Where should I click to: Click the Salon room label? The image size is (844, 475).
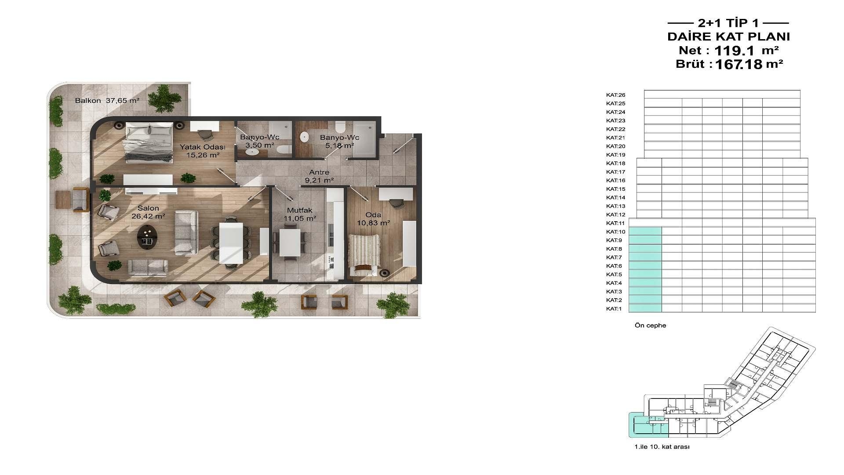[x=148, y=208]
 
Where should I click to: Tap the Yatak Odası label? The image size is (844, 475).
[x=203, y=147]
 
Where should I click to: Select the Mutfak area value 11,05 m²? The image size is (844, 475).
[x=300, y=219]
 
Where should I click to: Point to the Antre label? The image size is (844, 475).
[x=319, y=172]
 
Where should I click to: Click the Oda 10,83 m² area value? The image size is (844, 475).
[x=374, y=223]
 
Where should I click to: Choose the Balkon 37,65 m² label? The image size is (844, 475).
[x=107, y=101]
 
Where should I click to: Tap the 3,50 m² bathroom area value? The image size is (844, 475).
[x=260, y=145]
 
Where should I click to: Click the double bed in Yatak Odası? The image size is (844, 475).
[x=149, y=142]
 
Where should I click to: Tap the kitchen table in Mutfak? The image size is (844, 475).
[x=290, y=243]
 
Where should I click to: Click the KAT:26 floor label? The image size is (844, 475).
[x=615, y=95]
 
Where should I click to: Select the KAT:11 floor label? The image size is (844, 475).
[x=615, y=223]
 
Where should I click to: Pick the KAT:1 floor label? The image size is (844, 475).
[x=614, y=309]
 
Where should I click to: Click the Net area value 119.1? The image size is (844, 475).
[x=734, y=51]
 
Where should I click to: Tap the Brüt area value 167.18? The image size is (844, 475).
[x=738, y=65]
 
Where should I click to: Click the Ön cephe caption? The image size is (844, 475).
[x=650, y=325]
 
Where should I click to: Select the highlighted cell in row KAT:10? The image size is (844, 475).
[x=645, y=231]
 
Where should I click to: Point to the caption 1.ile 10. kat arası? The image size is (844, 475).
[x=662, y=447]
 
